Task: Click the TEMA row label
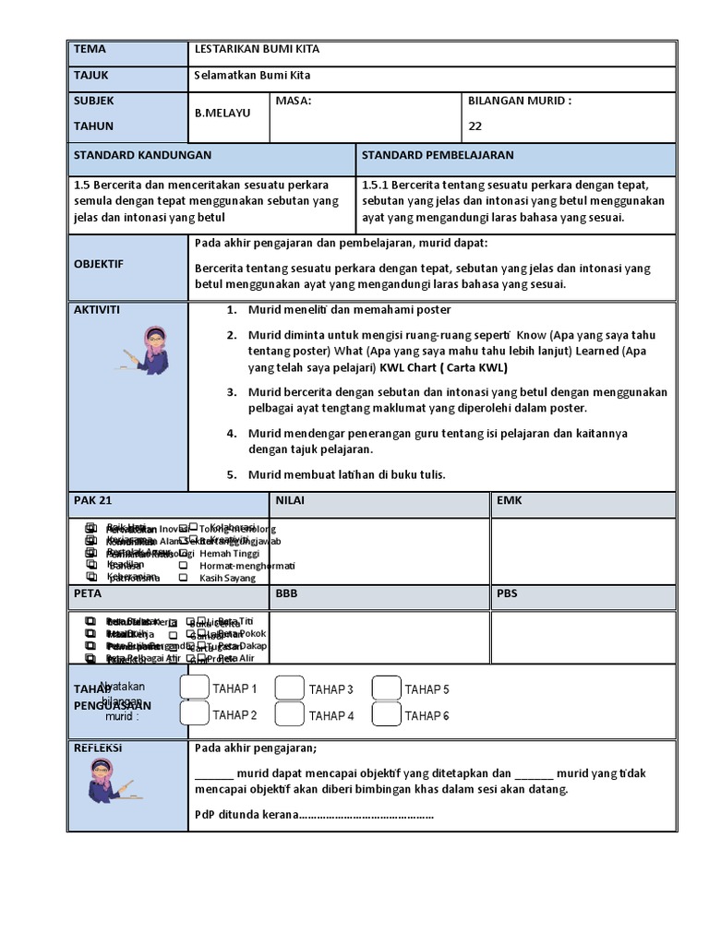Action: coord(90,49)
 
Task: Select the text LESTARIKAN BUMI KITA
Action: coord(257,49)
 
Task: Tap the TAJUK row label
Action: coord(92,75)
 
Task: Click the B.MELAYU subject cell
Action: coord(222,113)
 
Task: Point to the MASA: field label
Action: coord(294,101)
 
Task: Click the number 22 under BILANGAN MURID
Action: coord(475,126)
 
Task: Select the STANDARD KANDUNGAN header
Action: coord(142,155)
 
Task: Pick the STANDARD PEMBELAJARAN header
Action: coord(438,155)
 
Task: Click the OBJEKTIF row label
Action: coord(99,264)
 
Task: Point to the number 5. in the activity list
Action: coord(233,474)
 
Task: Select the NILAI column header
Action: coord(289,500)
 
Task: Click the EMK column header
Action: coord(510,500)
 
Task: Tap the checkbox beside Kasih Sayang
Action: coord(183,577)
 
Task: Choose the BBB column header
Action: coord(286,594)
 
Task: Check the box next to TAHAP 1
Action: coord(194,688)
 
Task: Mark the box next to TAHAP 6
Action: coord(387,714)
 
